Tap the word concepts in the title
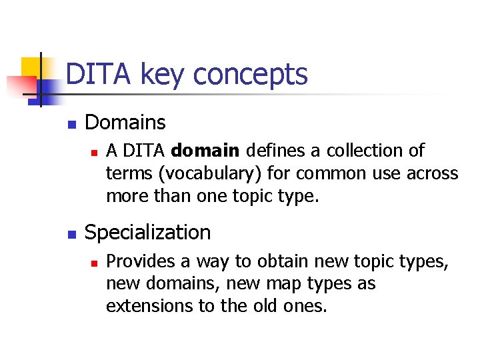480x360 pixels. pyautogui.click(x=250, y=75)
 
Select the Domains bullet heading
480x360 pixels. pyautogui.click(x=125, y=123)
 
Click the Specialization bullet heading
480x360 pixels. pyautogui.click(x=148, y=233)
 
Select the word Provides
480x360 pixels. pyautogui.click(x=139, y=261)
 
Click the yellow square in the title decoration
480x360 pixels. pyautogui.click(x=31, y=67)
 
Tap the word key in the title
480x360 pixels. pyautogui.click(x=163, y=75)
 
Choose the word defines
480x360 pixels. pyautogui.click(x=268, y=151)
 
